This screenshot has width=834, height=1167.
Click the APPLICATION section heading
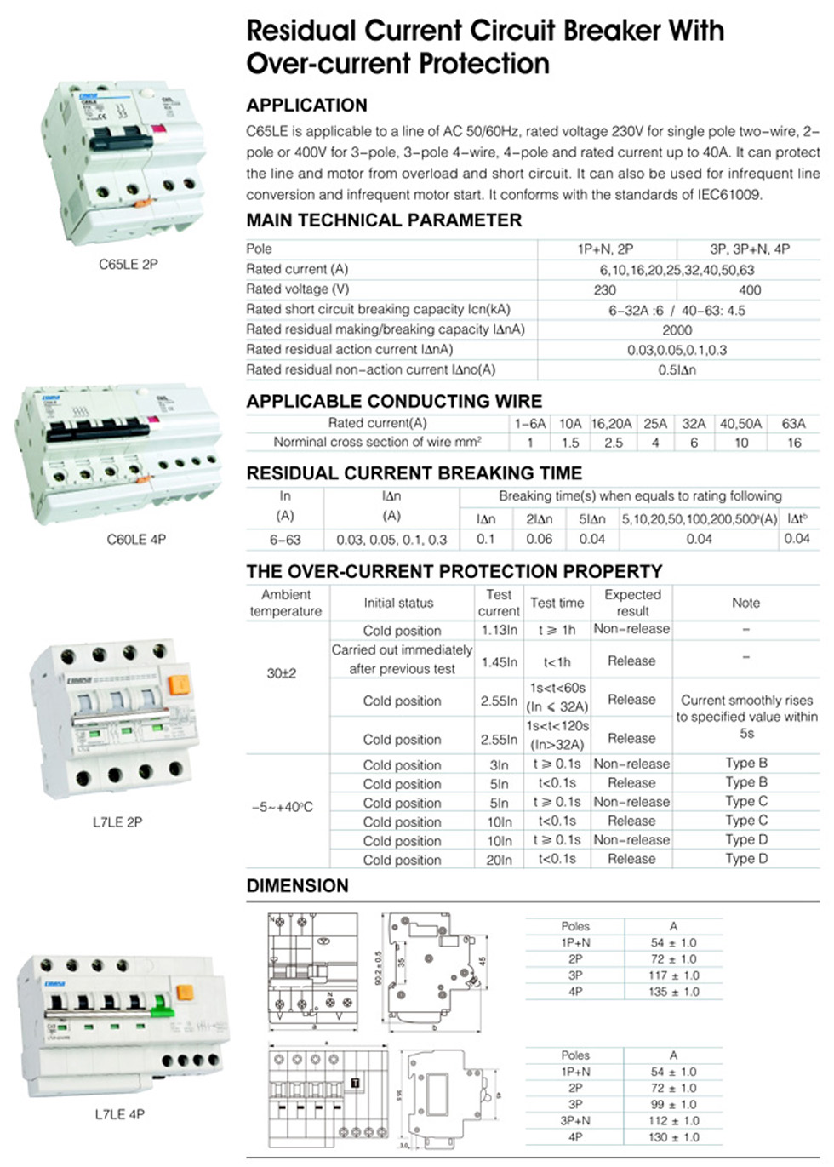point(306,106)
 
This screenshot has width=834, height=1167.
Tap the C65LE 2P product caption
point(128,265)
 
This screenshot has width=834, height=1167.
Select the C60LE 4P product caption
point(136,540)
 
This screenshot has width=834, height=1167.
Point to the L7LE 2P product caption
point(117,822)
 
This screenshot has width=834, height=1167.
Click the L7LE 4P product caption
point(119,1114)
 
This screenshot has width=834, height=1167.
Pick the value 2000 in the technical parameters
point(677,330)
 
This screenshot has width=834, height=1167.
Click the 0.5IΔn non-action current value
point(677,370)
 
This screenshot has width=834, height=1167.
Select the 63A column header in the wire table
point(793,424)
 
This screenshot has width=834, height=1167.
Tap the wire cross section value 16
point(794,443)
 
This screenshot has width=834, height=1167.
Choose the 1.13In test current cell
point(499,631)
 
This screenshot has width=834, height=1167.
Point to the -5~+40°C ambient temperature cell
point(283,807)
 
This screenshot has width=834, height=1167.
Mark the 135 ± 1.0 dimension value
point(673,992)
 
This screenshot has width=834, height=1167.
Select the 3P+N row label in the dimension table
point(575,1121)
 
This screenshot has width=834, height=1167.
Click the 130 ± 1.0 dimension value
point(673,1137)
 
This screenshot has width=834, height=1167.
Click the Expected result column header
point(632,603)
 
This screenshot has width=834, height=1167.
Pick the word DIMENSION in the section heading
point(297,886)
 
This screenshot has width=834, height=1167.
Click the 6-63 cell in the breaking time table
point(285,540)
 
